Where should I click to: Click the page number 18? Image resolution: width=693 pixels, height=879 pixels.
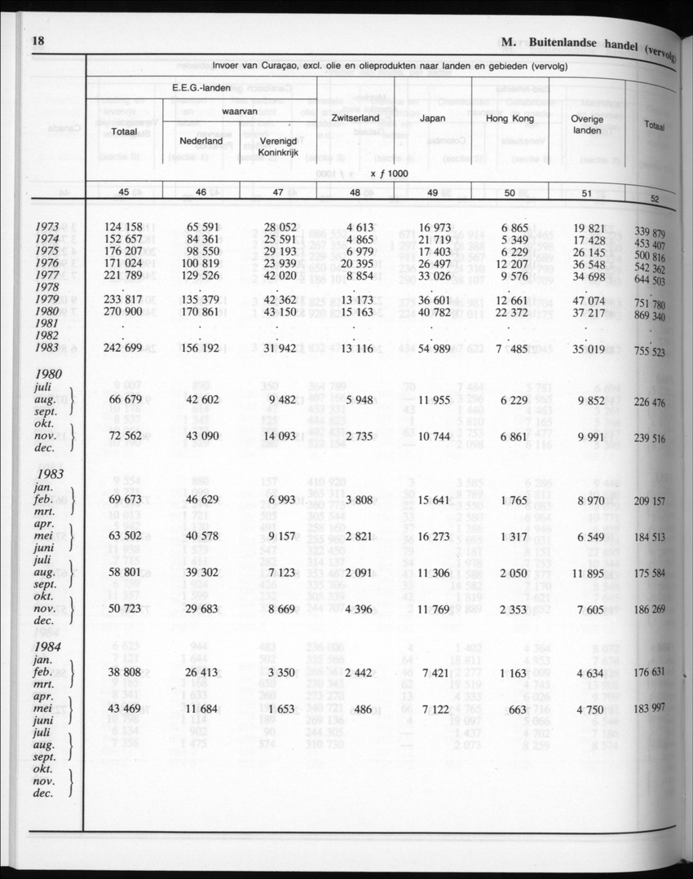(38, 41)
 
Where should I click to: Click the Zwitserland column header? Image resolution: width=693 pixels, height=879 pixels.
(355, 119)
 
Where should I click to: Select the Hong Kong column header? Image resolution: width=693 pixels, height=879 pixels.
(508, 119)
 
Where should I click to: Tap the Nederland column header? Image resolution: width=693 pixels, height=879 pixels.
(201, 141)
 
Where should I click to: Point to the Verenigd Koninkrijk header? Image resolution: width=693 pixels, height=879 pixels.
(277, 146)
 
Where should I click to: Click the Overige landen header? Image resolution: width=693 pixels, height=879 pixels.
(587, 124)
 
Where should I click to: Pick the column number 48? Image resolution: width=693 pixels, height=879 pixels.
(355, 192)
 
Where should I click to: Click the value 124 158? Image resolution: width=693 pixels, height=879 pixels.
(123, 226)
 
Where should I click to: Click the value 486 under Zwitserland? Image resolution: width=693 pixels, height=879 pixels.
(363, 710)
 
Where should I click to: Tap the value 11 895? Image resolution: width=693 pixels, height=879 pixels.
(587, 574)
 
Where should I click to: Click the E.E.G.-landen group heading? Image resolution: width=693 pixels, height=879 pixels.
(198, 87)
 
